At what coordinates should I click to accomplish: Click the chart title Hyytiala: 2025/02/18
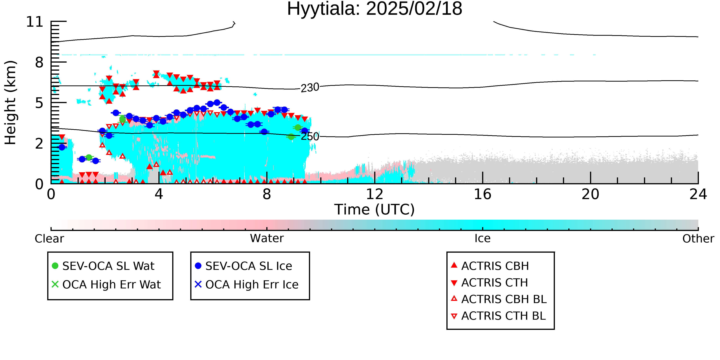point(375,9)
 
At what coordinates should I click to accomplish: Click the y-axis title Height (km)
point(11,103)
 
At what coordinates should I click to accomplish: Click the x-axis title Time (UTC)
point(375,210)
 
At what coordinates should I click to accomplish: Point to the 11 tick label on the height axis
point(35,22)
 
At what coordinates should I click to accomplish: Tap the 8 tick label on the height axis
point(39,62)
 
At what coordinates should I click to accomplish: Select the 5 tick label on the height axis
point(39,103)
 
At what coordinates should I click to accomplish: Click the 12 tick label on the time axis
point(375,194)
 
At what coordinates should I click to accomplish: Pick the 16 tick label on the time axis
point(482,194)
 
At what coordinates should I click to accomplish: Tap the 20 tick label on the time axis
point(590,194)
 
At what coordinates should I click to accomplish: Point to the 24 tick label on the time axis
point(698,194)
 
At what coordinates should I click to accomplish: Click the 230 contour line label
point(310,88)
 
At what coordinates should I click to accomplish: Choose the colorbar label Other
point(698,239)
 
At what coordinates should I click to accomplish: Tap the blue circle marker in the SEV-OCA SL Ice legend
point(198,266)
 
